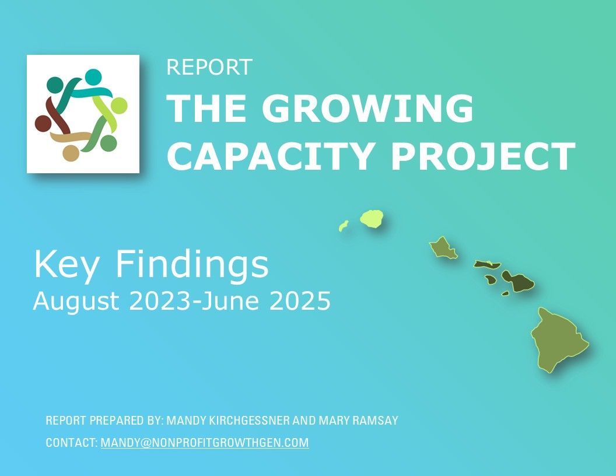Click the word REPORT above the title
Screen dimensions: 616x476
pos(209,67)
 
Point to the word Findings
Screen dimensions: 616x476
pos(191,265)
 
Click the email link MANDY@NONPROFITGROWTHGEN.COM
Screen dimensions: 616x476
pos(205,443)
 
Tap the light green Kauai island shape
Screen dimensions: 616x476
pos(372,218)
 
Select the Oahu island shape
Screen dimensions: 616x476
pos(444,247)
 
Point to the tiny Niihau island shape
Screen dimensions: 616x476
pos(344,226)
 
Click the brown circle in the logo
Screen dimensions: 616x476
pos(43,123)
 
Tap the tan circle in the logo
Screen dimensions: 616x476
pos(71,153)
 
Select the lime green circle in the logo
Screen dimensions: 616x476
pos(118,106)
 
